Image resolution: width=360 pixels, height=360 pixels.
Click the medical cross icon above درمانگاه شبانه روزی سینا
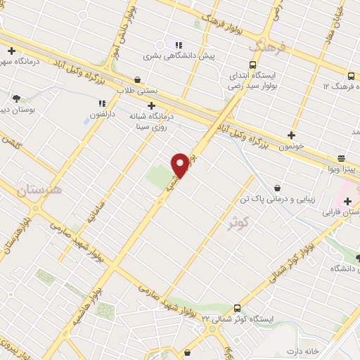click(x=151, y=105)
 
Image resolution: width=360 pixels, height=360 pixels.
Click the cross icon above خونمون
click(x=291, y=135)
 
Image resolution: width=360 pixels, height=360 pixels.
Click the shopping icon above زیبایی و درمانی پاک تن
click(x=277, y=188)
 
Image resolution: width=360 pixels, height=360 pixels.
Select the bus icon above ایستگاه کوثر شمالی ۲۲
click(x=236, y=308)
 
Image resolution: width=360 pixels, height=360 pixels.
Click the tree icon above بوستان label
click(x=16, y=99)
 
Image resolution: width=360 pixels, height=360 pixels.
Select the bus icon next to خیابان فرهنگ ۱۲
click(x=351, y=76)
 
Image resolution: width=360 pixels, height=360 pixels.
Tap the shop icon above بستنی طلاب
click(x=136, y=80)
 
